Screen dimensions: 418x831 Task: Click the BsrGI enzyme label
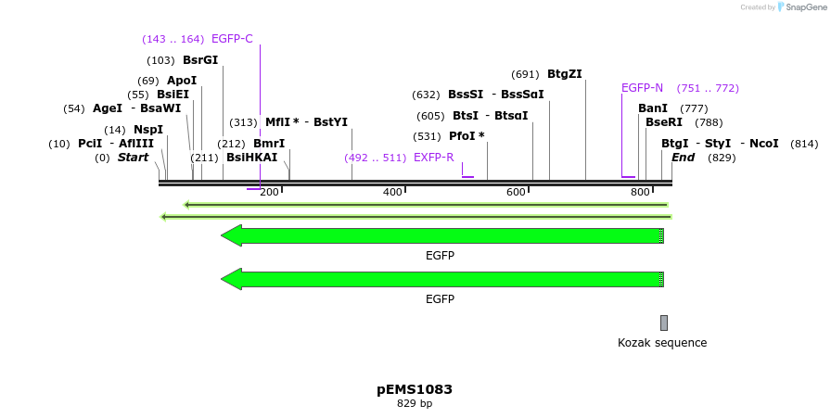pyautogui.click(x=200, y=60)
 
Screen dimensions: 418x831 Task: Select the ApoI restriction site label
pyautogui.click(x=182, y=81)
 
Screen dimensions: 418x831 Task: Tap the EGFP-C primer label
pyautogui.click(x=232, y=39)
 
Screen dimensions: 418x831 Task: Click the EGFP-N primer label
pyautogui.click(x=642, y=88)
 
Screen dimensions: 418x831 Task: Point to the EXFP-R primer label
pyautogui.click(x=434, y=158)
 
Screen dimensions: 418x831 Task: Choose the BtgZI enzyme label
pyautogui.click(x=564, y=74)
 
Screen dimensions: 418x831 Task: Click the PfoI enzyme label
pyautogui.click(x=467, y=136)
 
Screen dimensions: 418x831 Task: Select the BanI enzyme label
pyautogui.click(x=653, y=108)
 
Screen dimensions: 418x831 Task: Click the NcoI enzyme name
pyautogui.click(x=763, y=144)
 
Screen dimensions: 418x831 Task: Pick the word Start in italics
pyautogui.click(x=133, y=158)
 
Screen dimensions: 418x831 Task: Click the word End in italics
pyautogui.click(x=683, y=158)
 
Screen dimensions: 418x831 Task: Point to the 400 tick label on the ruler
pyautogui.click(x=392, y=192)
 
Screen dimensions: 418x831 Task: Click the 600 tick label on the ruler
pyautogui.click(x=516, y=192)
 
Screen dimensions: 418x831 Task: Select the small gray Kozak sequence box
pyautogui.click(x=664, y=323)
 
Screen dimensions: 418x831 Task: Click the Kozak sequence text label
pyautogui.click(x=662, y=343)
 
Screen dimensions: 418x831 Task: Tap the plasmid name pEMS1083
pyautogui.click(x=415, y=389)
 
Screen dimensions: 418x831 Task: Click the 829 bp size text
pyautogui.click(x=415, y=404)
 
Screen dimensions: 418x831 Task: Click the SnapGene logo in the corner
pyautogui.click(x=800, y=7)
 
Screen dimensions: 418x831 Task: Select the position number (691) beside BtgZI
pyautogui.click(x=525, y=74)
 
